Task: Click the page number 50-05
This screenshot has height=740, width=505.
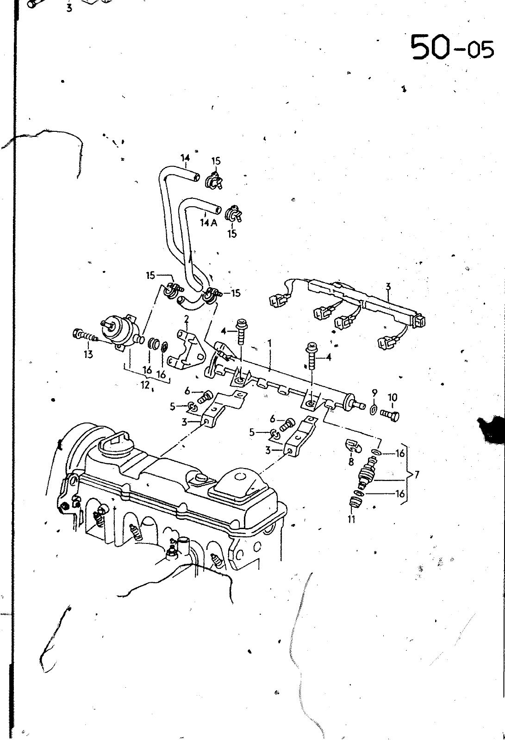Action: [452, 47]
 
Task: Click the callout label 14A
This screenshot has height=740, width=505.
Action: [208, 222]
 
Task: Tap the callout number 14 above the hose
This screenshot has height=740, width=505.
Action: [185, 158]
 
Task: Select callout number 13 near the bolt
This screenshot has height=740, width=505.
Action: [88, 354]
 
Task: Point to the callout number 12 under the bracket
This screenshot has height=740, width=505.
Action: [145, 385]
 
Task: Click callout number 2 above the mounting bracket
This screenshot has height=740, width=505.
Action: [186, 319]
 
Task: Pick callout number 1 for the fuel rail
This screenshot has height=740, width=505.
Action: [269, 344]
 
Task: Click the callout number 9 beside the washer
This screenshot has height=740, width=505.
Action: [374, 392]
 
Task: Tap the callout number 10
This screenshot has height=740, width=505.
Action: [392, 397]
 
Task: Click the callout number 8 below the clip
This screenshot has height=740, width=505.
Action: [351, 461]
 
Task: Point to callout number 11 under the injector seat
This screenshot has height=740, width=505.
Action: [351, 519]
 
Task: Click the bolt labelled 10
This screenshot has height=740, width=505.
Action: [391, 415]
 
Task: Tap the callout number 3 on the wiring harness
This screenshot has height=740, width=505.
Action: [388, 287]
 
